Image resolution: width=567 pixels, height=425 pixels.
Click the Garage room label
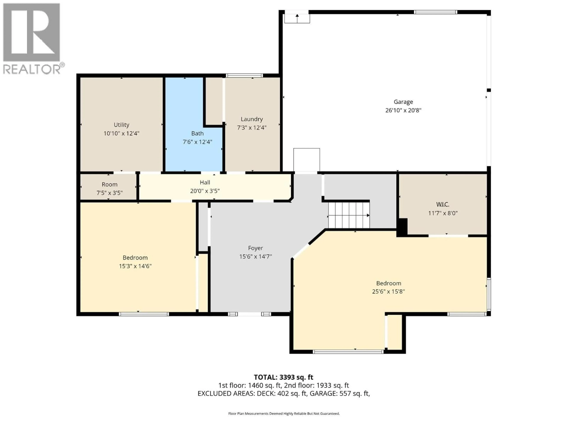[x=403, y=102]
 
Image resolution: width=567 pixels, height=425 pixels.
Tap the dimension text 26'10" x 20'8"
[x=403, y=110]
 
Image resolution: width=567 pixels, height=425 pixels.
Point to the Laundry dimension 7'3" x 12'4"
[x=252, y=128]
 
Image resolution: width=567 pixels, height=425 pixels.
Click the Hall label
[x=205, y=182]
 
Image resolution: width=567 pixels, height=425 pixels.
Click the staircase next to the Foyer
[x=349, y=215]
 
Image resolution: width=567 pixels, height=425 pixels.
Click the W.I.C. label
[x=443, y=204]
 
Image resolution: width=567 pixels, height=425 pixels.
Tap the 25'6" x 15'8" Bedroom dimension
[x=388, y=292]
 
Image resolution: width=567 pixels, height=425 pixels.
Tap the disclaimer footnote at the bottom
[x=284, y=413]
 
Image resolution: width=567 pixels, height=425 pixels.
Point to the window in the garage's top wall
[x=435, y=12]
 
